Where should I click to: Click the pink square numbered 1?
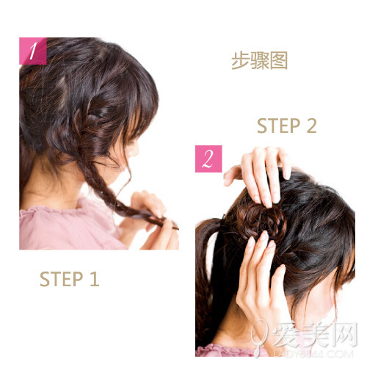coord(33,51)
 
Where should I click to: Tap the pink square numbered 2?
coord(208,159)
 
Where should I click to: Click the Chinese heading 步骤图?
coord(259,60)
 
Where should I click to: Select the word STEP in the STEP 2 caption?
coord(278,126)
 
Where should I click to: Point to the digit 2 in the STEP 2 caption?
coord(311,126)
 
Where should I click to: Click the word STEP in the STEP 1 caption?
coord(61,279)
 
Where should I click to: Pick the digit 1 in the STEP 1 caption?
coord(95,279)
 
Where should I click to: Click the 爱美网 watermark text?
coord(315,335)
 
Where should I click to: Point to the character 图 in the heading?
coord(279,60)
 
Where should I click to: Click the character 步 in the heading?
coord(240,60)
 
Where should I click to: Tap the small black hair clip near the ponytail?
coord(222,217)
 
